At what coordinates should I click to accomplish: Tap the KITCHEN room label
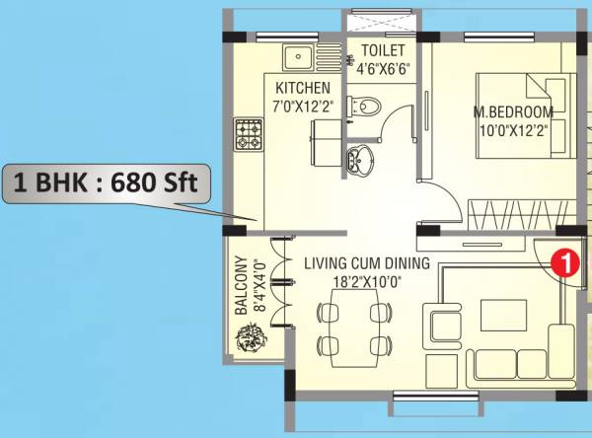coord(303,88)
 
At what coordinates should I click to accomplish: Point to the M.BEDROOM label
coord(513,110)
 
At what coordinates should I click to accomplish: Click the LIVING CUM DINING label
coord(367,263)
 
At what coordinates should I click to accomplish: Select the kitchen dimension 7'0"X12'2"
coord(303,104)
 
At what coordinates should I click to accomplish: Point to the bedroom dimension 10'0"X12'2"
coord(512,128)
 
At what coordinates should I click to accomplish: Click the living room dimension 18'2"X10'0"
coord(367,281)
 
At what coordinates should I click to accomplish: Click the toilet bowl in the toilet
coord(368,103)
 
